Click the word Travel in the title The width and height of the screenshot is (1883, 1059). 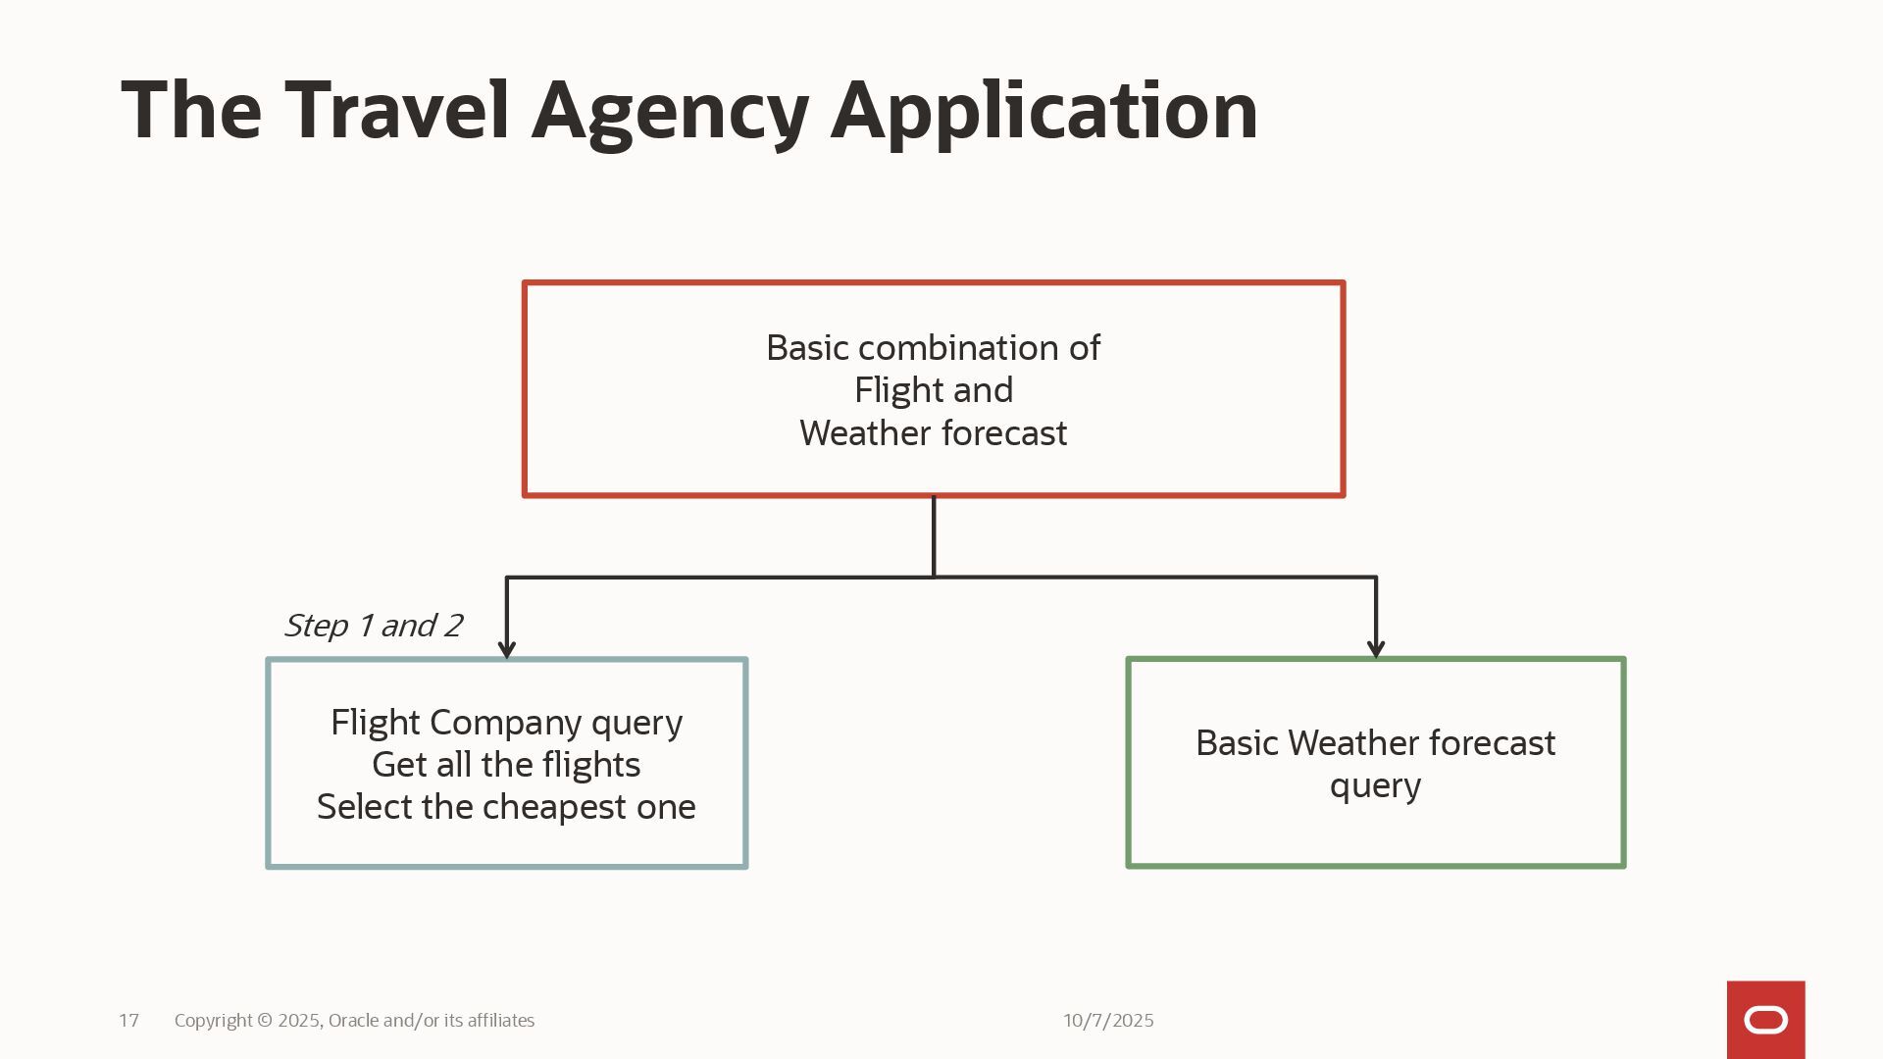click(x=397, y=110)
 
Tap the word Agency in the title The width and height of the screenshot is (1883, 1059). click(x=670, y=114)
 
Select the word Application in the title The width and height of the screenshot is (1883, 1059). click(x=1043, y=114)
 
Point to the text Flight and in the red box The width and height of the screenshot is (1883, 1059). click(x=934, y=390)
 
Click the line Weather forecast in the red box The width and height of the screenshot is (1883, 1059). click(x=934, y=433)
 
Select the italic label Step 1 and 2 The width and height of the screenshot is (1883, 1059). click(x=373, y=626)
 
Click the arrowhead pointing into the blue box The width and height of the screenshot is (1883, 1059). click(x=507, y=649)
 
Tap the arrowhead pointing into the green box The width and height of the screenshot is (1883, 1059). click(x=1376, y=649)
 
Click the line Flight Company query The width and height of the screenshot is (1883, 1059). click(x=506, y=723)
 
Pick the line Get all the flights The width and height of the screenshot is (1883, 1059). click(x=506, y=765)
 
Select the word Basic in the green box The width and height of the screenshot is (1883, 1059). click(x=1237, y=743)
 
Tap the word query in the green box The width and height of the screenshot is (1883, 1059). click(x=1375, y=786)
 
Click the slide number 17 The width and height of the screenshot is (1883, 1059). click(x=128, y=1021)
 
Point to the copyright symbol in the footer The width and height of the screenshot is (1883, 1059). click(x=265, y=1021)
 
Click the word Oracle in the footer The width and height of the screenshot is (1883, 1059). click(x=353, y=1021)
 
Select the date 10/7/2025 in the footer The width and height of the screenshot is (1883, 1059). click(x=1108, y=1021)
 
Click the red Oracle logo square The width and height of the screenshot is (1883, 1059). click(x=1765, y=1020)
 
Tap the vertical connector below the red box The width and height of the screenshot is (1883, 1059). click(x=934, y=536)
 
